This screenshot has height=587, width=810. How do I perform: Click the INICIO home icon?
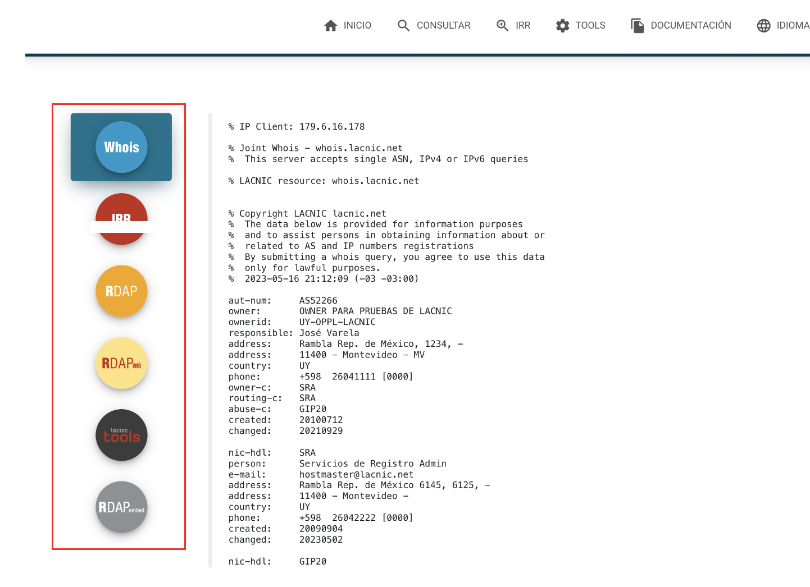point(330,25)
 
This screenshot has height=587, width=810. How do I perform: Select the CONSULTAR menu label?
point(443,25)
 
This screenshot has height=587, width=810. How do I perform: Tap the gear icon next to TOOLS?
point(562,26)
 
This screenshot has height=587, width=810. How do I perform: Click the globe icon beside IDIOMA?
point(763,26)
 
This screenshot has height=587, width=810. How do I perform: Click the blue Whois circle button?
point(121,147)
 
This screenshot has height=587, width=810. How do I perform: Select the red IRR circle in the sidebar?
point(121,219)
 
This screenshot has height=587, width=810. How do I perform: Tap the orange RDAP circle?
point(121,291)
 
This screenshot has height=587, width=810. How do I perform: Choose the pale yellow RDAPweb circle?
point(121,363)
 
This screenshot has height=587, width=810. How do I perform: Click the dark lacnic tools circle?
point(121,435)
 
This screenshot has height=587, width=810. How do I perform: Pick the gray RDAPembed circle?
point(121,507)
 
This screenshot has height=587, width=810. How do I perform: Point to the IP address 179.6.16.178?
point(332,126)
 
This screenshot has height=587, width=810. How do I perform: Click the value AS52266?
point(318,301)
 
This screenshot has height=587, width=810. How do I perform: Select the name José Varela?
point(329,333)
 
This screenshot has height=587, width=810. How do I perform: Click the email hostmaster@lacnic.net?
point(356,474)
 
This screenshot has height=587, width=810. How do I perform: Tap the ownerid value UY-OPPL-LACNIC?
point(338,322)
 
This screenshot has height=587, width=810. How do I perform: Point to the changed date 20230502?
point(321,539)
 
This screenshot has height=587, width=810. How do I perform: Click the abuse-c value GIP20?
point(313,409)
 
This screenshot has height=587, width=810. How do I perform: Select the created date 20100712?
point(321,420)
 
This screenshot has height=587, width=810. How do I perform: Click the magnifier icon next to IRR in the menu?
point(502,26)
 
